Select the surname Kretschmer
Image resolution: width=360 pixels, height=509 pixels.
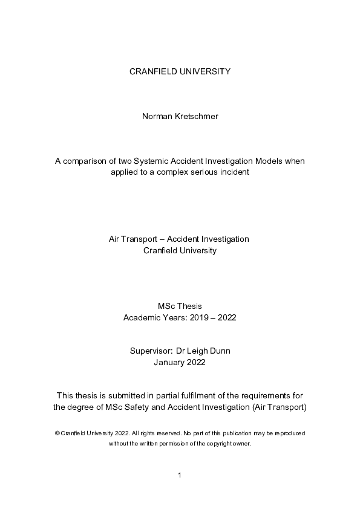coord(197,116)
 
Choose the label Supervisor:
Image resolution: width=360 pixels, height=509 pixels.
coord(150,351)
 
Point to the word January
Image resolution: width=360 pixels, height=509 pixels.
coord(170,363)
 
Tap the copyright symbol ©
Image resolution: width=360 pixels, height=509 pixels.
coord(56,433)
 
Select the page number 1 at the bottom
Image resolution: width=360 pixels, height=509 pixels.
coord(180,476)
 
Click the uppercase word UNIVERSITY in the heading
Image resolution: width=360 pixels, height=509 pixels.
coord(201,71)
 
